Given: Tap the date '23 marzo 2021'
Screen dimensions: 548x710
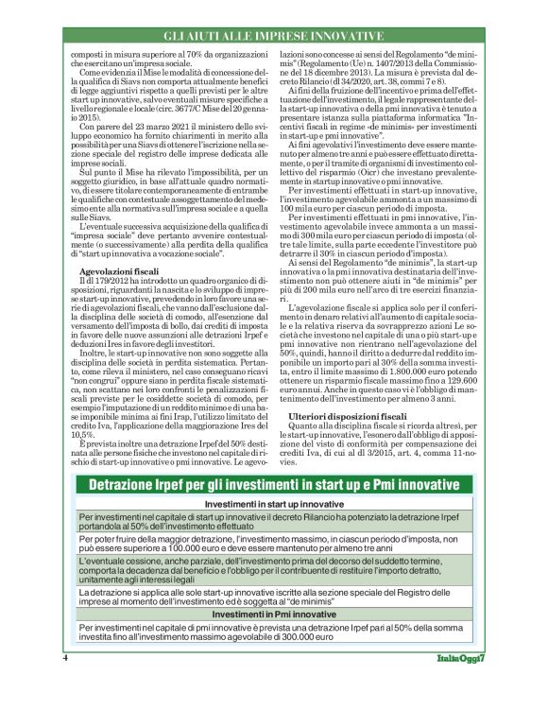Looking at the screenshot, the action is (149, 124).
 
